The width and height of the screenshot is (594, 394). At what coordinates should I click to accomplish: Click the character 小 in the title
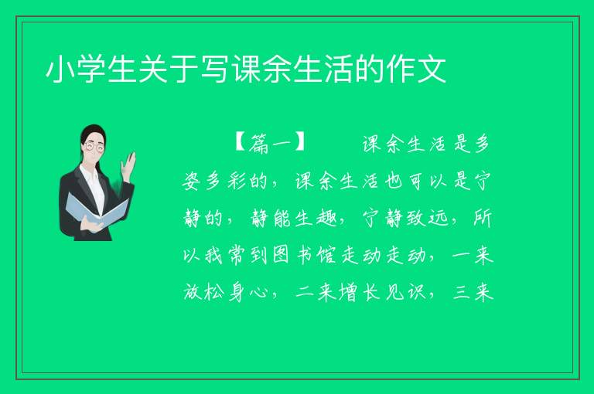(60, 70)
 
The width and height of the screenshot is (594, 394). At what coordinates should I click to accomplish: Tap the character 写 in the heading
(214, 70)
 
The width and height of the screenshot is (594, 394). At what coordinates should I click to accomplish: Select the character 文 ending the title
(431, 70)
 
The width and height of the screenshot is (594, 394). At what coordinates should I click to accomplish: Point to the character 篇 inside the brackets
(259, 144)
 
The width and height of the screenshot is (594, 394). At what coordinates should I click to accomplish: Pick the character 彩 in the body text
(237, 182)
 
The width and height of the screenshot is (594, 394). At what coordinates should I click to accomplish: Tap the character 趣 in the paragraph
(327, 219)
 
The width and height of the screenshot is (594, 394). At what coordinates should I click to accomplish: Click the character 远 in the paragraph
(438, 219)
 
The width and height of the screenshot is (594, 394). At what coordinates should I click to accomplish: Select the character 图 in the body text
(281, 256)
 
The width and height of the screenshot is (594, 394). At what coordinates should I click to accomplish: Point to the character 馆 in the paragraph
(326, 256)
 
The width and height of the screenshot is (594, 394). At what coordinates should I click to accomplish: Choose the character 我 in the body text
(214, 256)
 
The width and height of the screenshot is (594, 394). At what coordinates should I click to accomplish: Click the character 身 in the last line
(236, 293)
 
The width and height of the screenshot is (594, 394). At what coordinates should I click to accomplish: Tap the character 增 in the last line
(349, 293)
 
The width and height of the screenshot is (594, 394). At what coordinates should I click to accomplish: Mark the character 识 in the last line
(416, 293)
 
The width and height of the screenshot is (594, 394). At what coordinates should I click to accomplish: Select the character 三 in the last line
(461, 293)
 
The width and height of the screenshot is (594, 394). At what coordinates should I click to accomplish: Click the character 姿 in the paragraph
(193, 182)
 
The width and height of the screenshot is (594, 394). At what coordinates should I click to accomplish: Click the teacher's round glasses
(94, 146)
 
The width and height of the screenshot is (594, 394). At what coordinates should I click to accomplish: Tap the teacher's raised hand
(128, 164)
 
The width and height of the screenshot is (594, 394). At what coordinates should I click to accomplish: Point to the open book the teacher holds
(97, 210)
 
